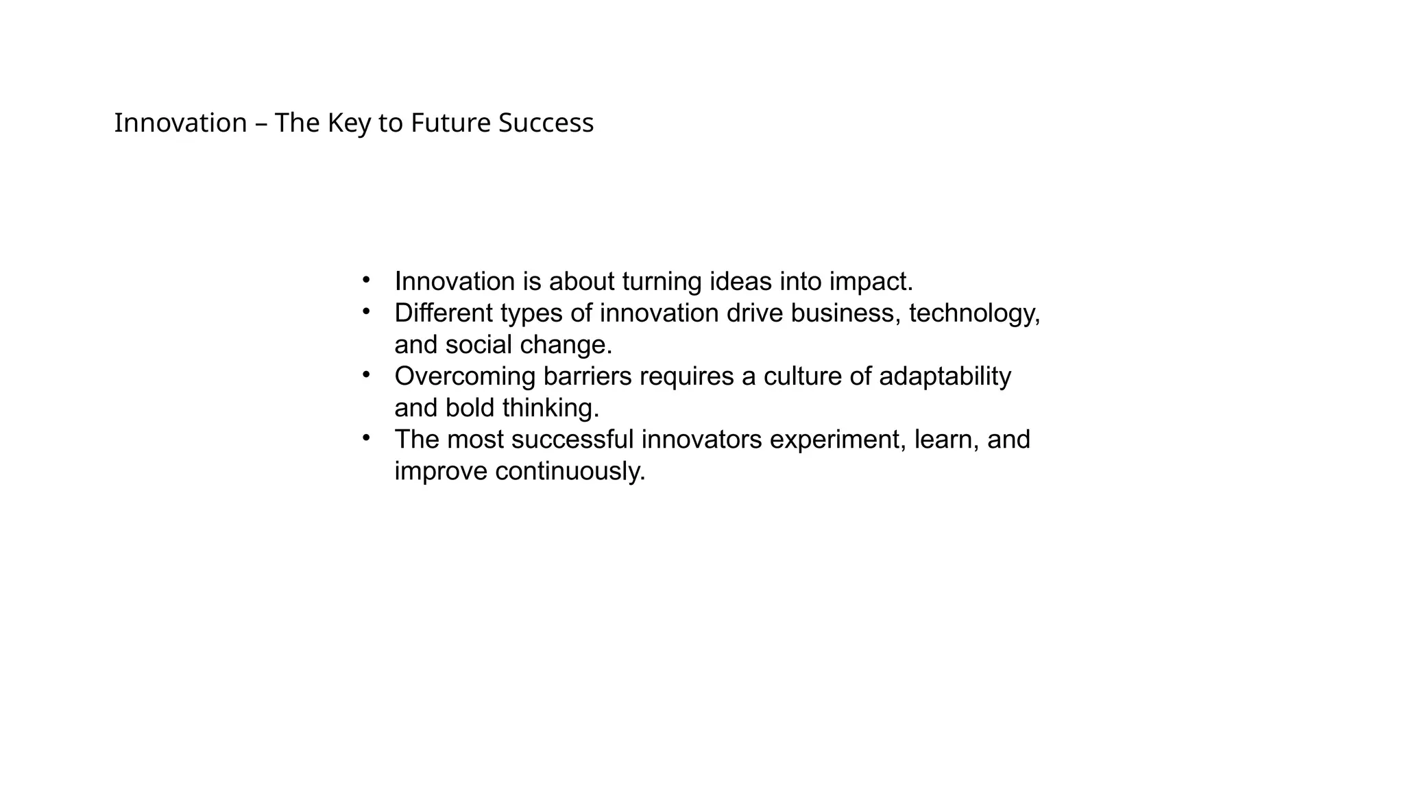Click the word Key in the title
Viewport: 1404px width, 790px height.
[349, 123]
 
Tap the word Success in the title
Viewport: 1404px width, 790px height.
[546, 123]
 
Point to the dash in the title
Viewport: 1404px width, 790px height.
[261, 124]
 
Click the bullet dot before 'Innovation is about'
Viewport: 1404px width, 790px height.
[366, 280]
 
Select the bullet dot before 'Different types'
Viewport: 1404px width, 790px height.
[366, 311]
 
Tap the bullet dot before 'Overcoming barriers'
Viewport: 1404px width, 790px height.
[366, 374]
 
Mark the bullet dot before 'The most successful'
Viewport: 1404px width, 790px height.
[366, 438]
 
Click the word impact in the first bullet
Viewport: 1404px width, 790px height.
[871, 282]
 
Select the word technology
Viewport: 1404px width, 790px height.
[974, 313]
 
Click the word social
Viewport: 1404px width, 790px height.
[479, 345]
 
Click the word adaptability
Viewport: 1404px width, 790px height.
[945, 376]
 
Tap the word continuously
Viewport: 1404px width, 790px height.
[570, 471]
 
